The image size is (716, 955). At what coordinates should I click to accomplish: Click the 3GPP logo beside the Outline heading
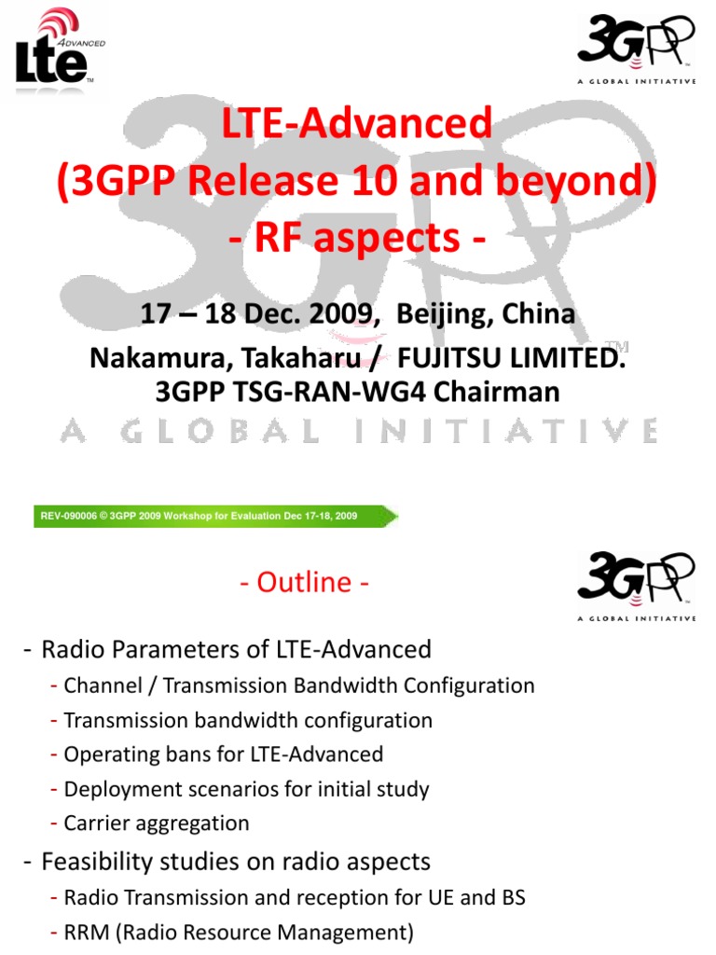(x=636, y=585)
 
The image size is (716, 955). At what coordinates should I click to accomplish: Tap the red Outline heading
(x=304, y=583)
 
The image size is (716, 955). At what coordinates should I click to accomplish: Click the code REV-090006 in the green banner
(x=68, y=516)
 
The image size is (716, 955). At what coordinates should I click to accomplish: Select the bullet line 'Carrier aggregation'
(x=157, y=824)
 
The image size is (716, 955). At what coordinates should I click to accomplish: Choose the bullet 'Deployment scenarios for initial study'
(x=246, y=789)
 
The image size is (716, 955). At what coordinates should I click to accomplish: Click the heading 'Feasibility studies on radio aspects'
(x=236, y=862)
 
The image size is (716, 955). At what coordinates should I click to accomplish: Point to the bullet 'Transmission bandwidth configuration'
(x=248, y=720)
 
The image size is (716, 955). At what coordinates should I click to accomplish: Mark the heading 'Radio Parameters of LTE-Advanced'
(x=236, y=649)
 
